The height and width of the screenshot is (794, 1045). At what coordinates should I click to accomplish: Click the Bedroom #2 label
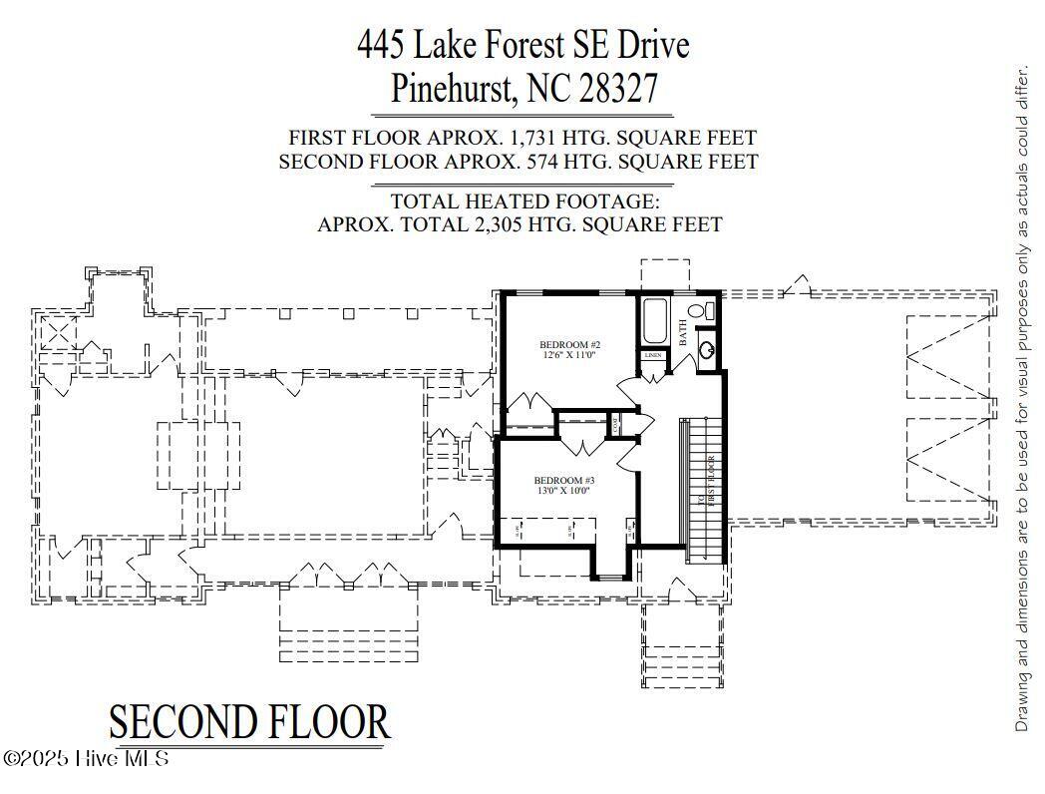pos(570,344)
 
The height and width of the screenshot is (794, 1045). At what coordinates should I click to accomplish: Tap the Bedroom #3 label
pos(563,479)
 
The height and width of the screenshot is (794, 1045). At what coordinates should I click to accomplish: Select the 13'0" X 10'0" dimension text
pos(563,491)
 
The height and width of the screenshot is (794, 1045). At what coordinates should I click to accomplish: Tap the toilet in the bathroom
pos(709,311)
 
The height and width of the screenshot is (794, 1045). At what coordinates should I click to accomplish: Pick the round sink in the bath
pos(707,349)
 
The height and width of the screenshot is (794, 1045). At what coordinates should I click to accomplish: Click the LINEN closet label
pos(653,355)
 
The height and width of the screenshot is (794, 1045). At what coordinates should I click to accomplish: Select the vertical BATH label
pos(683,332)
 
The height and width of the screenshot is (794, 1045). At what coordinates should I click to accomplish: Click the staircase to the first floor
pos(704,489)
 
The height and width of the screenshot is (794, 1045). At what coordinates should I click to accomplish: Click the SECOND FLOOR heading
pos(248,722)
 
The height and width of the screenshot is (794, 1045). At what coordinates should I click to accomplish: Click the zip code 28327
pos(620,88)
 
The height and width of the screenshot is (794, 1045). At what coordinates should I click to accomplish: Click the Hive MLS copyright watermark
pos(86,758)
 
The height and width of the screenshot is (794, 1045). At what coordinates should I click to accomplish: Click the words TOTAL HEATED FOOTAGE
pos(518,200)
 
